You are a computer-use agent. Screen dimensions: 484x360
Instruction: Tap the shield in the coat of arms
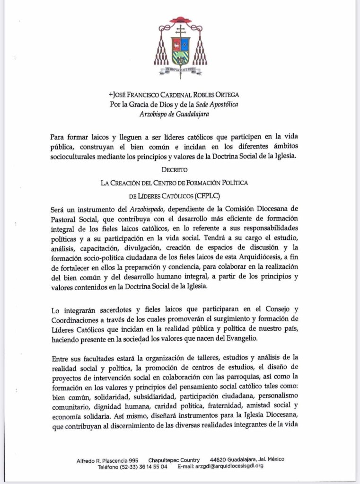[x=180, y=50]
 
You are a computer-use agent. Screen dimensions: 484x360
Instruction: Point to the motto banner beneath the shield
[x=180, y=71]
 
